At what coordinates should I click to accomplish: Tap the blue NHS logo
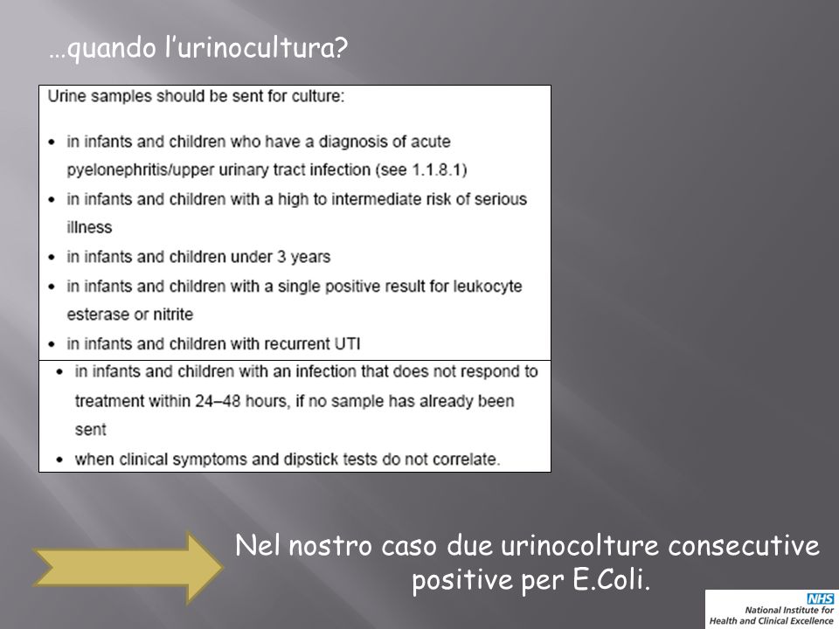coord(821,598)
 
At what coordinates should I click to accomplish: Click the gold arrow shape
coord(128,568)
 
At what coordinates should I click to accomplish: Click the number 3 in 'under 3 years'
coord(281,257)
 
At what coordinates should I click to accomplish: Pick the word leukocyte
coord(488,287)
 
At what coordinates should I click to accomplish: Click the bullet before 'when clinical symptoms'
coord(59,460)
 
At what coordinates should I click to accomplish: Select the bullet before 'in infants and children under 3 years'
coord(52,257)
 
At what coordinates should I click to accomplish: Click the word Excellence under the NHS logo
coord(810,621)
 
